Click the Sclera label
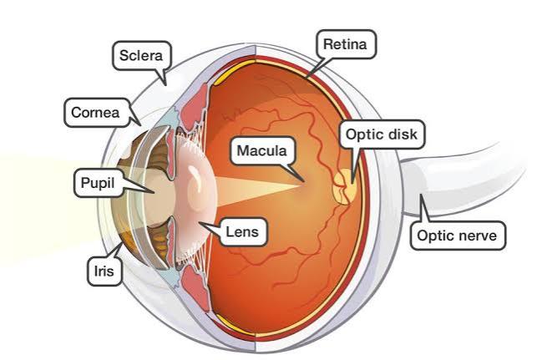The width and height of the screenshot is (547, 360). (141, 55)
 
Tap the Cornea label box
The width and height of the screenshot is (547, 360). (96, 112)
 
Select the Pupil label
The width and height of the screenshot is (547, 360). (98, 183)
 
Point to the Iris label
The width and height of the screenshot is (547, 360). (104, 271)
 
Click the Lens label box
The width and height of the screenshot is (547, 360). (242, 231)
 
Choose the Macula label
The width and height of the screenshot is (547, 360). (262, 150)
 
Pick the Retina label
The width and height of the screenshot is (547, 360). (346, 44)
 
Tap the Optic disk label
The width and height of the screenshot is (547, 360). (382, 134)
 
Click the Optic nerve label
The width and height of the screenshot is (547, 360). (458, 236)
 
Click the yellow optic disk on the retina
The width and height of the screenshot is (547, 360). (345, 186)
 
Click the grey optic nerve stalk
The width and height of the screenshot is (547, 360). (464, 181)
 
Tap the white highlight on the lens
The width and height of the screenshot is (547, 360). (192, 174)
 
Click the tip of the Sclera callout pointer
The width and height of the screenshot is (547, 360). (165, 84)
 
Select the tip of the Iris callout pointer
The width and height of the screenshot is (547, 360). (123, 242)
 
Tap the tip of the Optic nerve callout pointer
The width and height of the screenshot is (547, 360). (421, 195)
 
